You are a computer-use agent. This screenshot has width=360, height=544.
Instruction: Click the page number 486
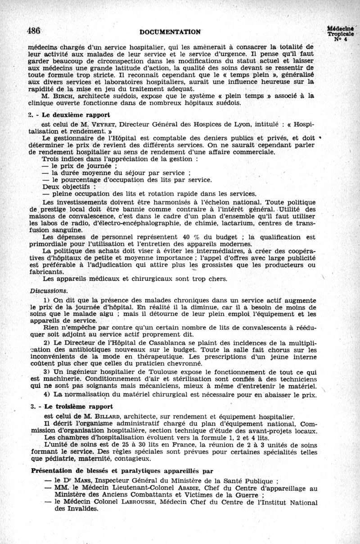coord(34,31)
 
